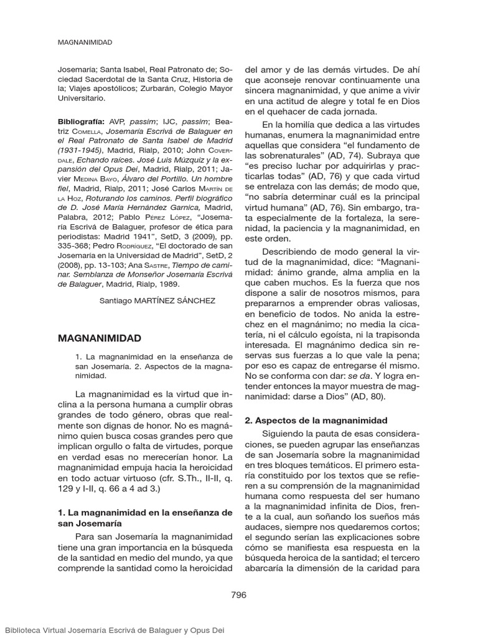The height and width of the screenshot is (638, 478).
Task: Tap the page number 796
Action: pyautogui.click(x=238, y=594)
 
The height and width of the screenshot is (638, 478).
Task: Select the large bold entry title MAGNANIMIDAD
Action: pyautogui.click(x=100, y=338)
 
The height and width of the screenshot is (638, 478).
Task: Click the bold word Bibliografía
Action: pyautogui.click(x=82, y=121)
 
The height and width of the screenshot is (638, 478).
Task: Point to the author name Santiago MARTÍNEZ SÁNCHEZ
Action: pyautogui.click(x=157, y=300)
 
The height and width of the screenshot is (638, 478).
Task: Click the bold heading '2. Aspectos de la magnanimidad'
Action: pyautogui.click(x=316, y=420)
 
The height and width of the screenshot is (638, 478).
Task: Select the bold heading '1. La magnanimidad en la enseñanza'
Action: pyautogui.click(x=145, y=512)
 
